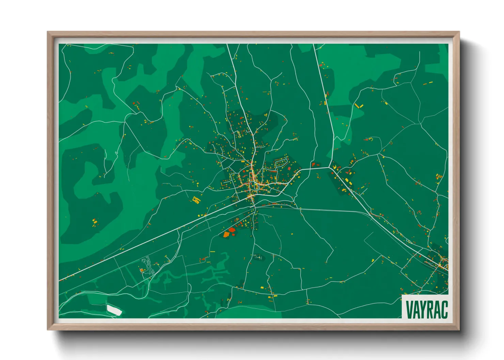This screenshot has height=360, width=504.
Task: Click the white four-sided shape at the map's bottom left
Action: pyautogui.click(x=114, y=310)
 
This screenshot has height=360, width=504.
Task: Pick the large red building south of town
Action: pyautogui.click(x=232, y=230)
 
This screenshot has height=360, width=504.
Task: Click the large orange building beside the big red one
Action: pyautogui.click(x=226, y=234)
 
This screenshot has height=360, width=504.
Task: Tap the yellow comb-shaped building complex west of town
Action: pyautogui.click(x=196, y=200)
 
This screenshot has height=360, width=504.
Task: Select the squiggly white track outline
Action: pyautogui.click(x=148, y=265)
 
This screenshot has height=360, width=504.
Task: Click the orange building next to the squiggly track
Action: pyautogui.click(x=141, y=270)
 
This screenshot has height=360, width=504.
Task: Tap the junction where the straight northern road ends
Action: pyautogui.click(x=330, y=167)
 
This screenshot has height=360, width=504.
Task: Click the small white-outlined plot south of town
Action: pyautogui.click(x=258, y=257)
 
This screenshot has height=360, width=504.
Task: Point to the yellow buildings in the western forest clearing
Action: pyautogui.click(x=94, y=223)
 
